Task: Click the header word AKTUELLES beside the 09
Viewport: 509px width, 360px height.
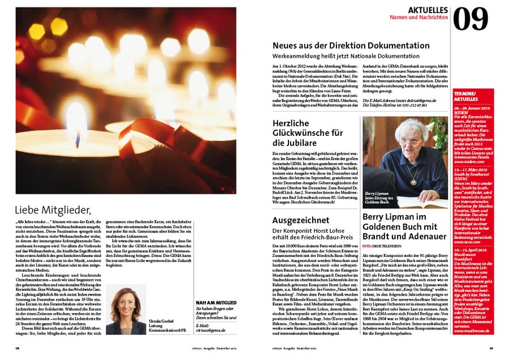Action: tap(428, 10)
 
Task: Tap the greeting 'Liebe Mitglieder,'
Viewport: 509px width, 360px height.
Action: tap(53, 210)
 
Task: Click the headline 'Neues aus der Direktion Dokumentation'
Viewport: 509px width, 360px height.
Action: tap(351, 46)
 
